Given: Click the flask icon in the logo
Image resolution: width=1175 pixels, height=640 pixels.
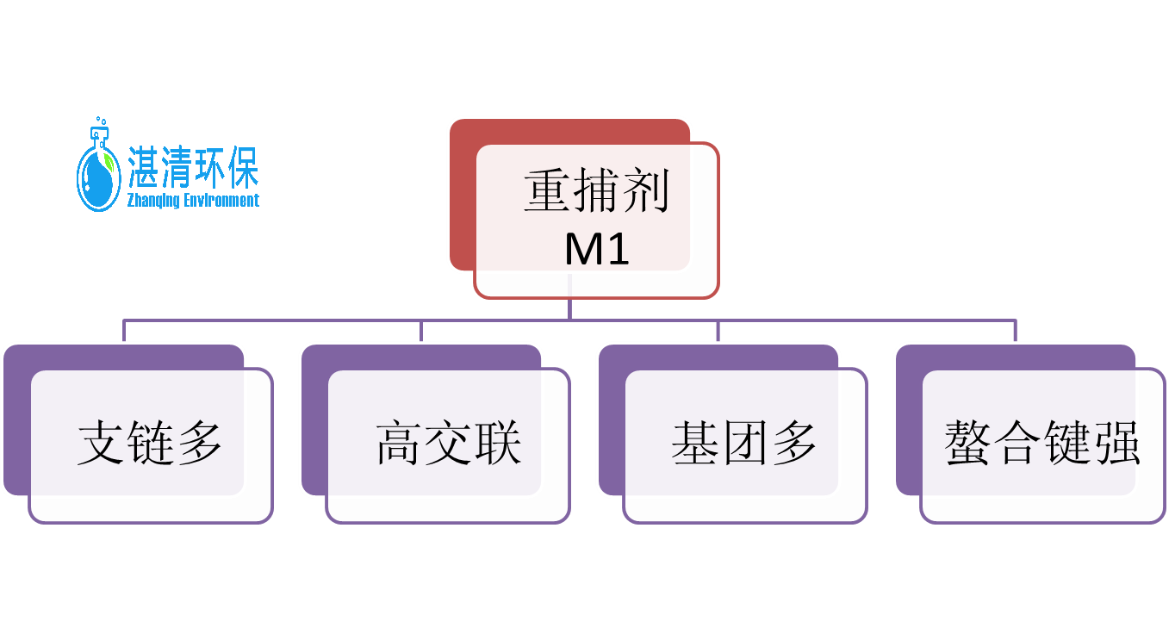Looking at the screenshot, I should [x=98, y=172].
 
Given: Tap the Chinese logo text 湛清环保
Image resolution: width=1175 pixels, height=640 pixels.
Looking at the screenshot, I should [x=193, y=167].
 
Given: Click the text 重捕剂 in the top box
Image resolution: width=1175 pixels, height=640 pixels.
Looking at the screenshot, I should [x=596, y=190].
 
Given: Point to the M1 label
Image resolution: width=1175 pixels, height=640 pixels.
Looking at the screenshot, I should [x=596, y=249].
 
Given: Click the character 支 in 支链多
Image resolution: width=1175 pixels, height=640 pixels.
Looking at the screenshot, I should [x=102, y=444].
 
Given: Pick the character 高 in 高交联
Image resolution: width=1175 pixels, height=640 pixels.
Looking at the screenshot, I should [x=400, y=444].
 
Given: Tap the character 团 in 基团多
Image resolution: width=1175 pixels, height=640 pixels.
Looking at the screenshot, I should [x=745, y=444].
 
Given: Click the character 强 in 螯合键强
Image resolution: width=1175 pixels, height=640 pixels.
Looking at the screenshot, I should [x=1116, y=444].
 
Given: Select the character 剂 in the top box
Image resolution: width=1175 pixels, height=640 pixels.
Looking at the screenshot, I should [x=645, y=190].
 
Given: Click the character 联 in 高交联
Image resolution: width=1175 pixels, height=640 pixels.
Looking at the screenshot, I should [x=497, y=444].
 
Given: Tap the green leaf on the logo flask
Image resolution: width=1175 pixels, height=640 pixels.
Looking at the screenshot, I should [x=108, y=160].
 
